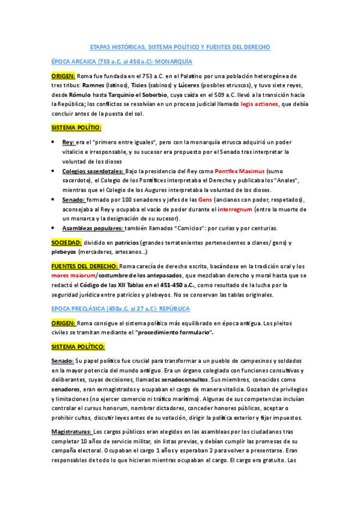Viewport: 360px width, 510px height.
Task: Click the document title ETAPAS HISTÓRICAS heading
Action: point(180,46)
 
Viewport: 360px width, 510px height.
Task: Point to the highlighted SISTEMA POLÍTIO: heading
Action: point(76,127)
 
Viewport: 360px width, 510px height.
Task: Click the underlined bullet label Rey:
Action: point(69,143)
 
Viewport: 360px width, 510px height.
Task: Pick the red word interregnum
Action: point(239,209)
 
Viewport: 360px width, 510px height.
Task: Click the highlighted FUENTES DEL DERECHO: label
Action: point(84,266)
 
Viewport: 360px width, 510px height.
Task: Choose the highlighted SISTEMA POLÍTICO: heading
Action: point(78,347)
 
